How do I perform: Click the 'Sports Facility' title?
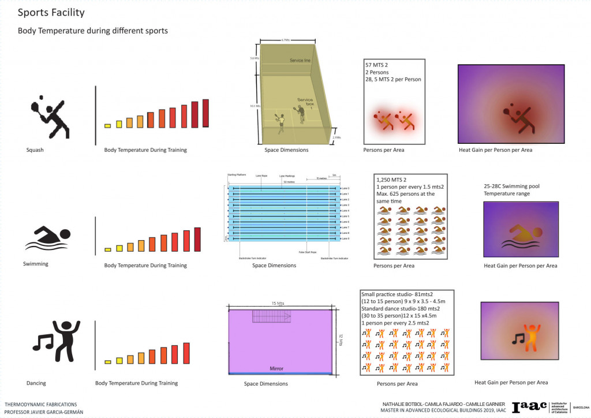coord(51,12)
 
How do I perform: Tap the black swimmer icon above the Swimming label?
coord(47,239)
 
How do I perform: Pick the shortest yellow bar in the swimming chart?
coord(107,249)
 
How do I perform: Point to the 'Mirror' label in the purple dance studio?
coord(276,368)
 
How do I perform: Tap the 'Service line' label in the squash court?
coord(300,61)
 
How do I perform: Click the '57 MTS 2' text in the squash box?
coord(377,66)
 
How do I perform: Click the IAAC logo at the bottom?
coord(530,406)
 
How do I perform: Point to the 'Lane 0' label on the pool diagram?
coord(345,188)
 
